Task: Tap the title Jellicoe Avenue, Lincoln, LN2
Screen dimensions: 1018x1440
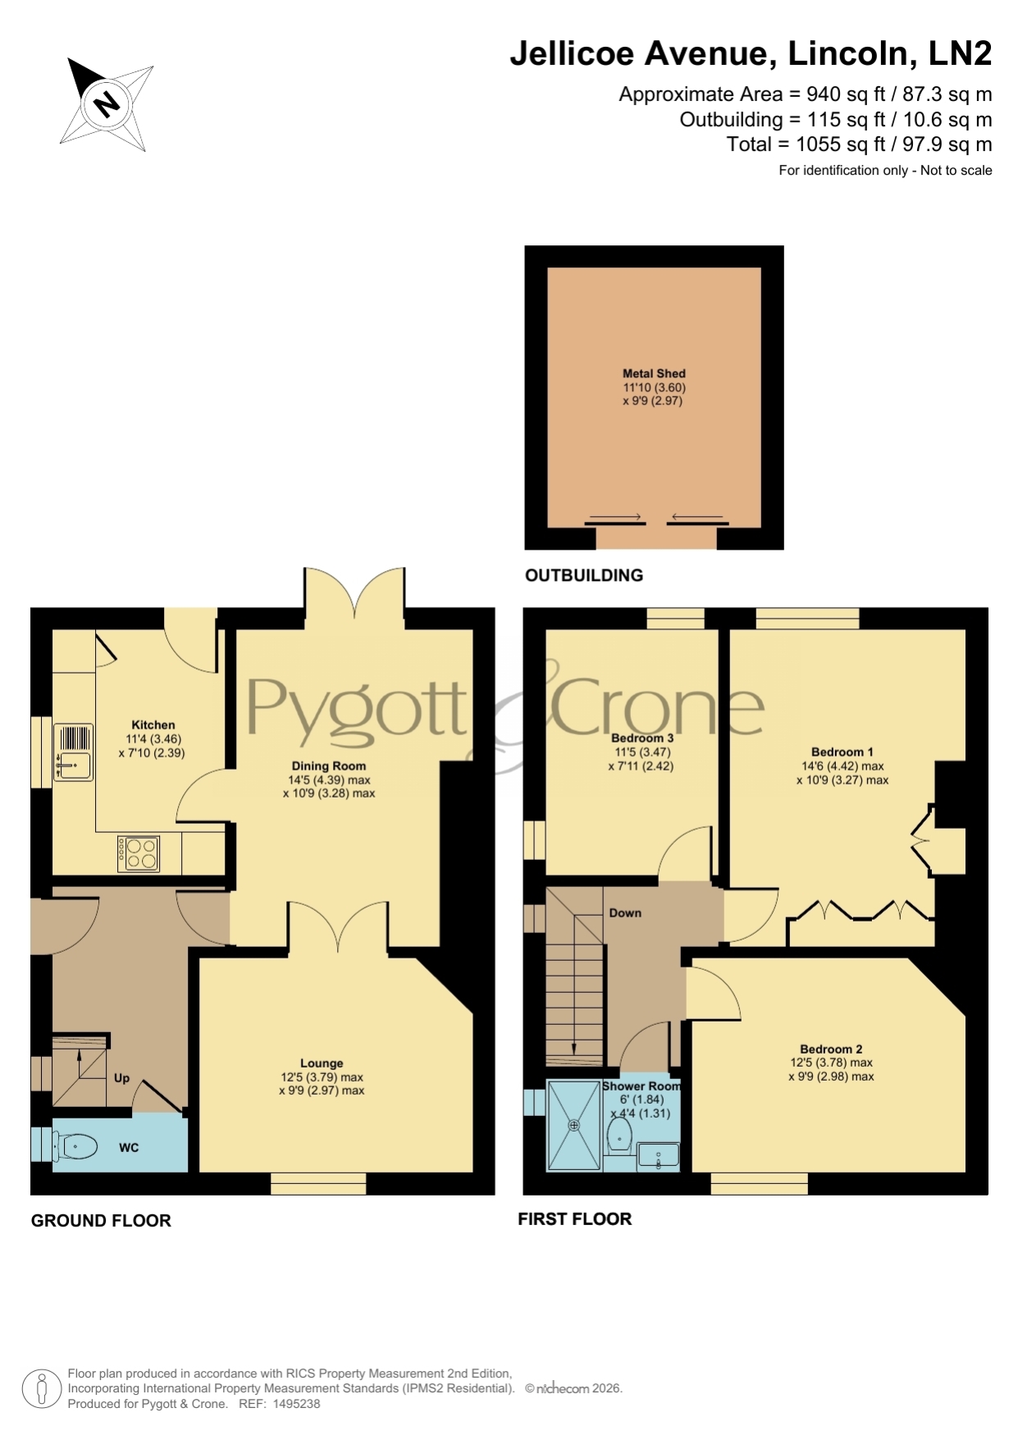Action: click(x=751, y=53)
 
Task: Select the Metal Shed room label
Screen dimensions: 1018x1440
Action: click(x=654, y=373)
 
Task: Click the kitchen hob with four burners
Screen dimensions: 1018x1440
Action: click(x=139, y=853)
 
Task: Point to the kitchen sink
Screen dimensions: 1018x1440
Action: click(x=74, y=752)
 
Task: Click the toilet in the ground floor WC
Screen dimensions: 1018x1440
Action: click(x=75, y=1146)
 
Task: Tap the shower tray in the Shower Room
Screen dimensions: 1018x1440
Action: click(x=574, y=1125)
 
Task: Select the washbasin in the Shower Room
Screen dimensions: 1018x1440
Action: click(x=658, y=1155)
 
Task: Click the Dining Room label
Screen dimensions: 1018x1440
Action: click(x=327, y=766)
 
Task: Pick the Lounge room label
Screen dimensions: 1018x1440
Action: click(x=322, y=1063)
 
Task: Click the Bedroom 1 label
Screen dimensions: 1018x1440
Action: click(x=842, y=752)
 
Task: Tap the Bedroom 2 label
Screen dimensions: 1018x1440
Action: click(x=831, y=1049)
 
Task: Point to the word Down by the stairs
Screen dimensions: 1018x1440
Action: click(x=625, y=913)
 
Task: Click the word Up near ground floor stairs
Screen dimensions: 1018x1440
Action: click(x=121, y=1078)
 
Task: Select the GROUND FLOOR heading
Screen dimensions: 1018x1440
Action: click(x=101, y=1220)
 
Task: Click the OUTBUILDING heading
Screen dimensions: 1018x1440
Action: click(x=584, y=575)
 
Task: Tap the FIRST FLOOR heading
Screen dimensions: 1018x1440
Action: click(x=575, y=1219)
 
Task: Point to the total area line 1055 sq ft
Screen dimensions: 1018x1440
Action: click(x=859, y=144)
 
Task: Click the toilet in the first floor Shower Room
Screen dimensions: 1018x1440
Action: click(x=619, y=1136)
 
